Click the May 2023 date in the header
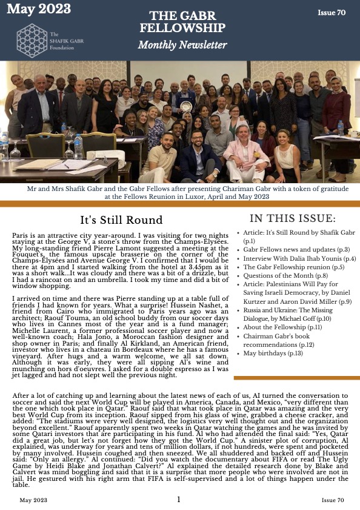coord(38,8)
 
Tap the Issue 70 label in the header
coord(332,12)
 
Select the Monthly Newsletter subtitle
coord(182,45)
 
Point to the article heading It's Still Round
coord(121,220)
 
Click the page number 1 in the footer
coord(179,499)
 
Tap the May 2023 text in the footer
coord(34,500)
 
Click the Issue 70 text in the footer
coord(333,500)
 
